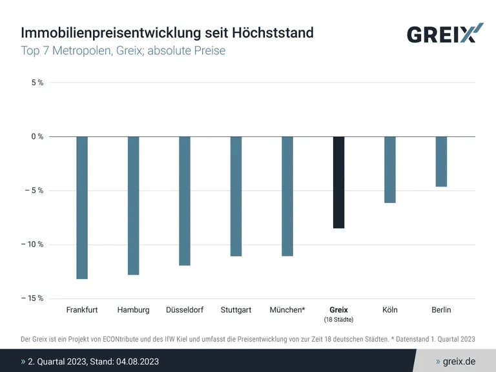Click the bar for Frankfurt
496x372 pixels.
pyautogui.click(x=82, y=207)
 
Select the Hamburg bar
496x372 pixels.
pyautogui.click(x=133, y=205)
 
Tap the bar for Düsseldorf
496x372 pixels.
pyautogui.click(x=185, y=201)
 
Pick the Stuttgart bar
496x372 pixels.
pyautogui.click(x=236, y=196)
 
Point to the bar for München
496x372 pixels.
pyautogui.click(x=287, y=196)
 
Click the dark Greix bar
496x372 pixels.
pyautogui.click(x=338, y=182)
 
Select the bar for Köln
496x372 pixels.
pyautogui.click(x=390, y=170)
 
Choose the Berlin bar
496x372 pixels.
pyautogui.click(x=441, y=161)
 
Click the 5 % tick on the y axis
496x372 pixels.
pyautogui.click(x=37, y=83)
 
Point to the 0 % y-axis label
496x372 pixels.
pyautogui.click(x=37, y=136)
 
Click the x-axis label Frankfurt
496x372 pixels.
pyautogui.click(x=82, y=310)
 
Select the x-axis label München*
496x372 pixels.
pyautogui.click(x=287, y=310)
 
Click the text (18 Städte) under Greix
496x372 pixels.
pyautogui.click(x=338, y=320)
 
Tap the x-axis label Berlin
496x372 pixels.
pyautogui.click(x=441, y=310)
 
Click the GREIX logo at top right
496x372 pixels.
pyautogui.click(x=444, y=34)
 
